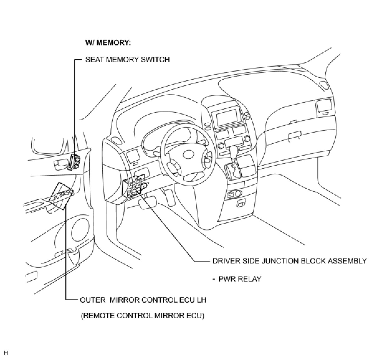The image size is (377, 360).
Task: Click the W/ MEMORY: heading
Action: tap(108, 43)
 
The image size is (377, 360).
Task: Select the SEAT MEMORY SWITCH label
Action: tap(127, 59)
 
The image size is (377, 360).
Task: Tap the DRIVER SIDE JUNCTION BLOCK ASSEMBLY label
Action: tap(289, 261)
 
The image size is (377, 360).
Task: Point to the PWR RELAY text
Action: tap(240, 279)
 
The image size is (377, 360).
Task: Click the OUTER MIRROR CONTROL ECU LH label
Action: tap(143, 300)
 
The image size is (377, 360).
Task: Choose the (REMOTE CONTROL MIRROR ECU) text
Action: tap(143, 316)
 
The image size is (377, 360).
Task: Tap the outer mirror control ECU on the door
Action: tap(62, 196)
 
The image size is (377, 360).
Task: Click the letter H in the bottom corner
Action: tap(6, 353)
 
